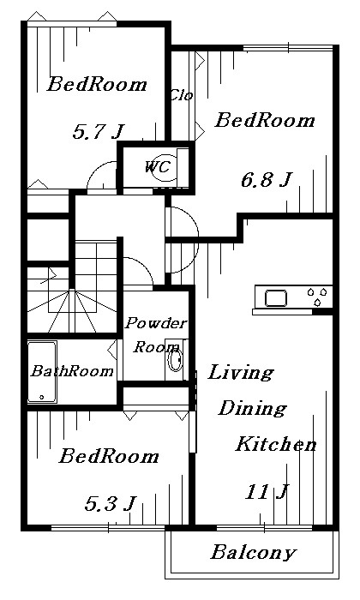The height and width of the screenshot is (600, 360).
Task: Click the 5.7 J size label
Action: point(99,132)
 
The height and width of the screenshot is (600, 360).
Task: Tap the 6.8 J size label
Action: point(267,179)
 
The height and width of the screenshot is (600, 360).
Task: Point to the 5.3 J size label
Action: point(111,503)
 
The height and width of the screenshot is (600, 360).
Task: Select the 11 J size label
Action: point(267,492)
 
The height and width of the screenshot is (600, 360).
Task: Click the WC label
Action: point(157,167)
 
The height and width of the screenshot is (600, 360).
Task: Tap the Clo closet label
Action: point(182,95)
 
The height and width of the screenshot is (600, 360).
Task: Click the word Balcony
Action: point(254,552)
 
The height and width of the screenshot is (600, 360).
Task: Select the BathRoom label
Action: point(72,371)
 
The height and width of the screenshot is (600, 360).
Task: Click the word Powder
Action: point(156,323)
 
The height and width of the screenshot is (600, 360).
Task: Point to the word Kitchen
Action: point(276,444)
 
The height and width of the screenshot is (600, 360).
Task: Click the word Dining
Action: point(253,408)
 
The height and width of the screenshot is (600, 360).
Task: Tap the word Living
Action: point(241,372)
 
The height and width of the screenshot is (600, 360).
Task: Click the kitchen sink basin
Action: point(276,298)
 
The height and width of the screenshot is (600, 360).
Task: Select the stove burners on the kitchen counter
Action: point(317,297)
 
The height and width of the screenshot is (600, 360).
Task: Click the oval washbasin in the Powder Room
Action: point(175,360)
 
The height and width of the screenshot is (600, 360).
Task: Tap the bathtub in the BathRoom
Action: point(42,372)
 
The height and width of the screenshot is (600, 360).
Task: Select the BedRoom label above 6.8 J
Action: point(265,121)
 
